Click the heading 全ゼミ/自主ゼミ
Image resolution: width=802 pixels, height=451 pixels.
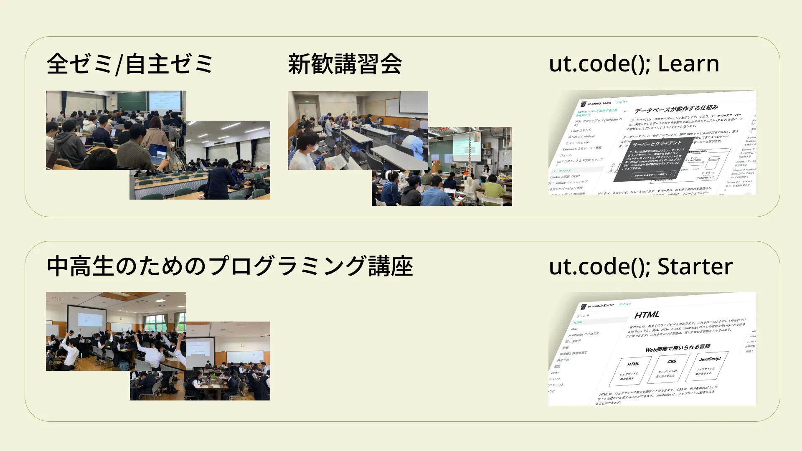[x=129, y=64]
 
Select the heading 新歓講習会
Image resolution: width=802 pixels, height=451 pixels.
[x=345, y=64]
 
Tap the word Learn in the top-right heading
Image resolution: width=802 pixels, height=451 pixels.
[x=688, y=63]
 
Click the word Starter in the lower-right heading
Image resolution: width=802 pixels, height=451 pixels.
[x=695, y=266]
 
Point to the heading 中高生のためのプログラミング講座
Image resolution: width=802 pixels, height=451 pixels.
[x=230, y=266]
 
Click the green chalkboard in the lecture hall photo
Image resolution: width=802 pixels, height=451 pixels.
[x=132, y=101]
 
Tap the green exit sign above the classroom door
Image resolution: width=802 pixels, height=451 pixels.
[x=307, y=101]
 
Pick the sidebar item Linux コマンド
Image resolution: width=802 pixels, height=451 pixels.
[x=581, y=130]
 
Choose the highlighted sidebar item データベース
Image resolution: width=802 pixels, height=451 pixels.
[x=562, y=171]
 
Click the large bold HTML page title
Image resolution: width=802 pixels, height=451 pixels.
[x=647, y=315]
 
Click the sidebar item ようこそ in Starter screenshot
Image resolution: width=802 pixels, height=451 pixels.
[x=582, y=316]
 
